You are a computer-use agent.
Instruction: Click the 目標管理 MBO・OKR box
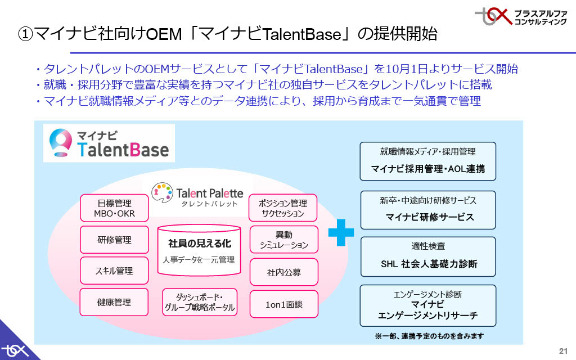tap(114, 208)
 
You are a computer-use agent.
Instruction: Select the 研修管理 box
tap(114, 240)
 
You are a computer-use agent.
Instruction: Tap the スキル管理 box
tap(114, 271)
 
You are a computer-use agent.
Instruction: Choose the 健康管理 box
tap(114, 302)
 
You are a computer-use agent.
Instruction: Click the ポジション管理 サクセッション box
tap(283, 208)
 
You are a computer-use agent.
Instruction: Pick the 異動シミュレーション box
tap(283, 240)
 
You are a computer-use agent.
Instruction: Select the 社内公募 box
tap(283, 272)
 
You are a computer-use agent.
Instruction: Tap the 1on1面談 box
tap(283, 304)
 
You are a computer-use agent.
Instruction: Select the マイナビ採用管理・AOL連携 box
tap(427, 161)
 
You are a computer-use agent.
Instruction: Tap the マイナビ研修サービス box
tap(427, 210)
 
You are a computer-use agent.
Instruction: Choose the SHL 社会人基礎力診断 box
tap(427, 256)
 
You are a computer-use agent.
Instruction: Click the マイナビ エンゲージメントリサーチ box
tap(427, 305)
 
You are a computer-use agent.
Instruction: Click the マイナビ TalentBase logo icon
tap(60, 143)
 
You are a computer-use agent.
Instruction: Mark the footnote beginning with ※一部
tap(429, 336)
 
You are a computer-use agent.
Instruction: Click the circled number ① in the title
tap(25, 34)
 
